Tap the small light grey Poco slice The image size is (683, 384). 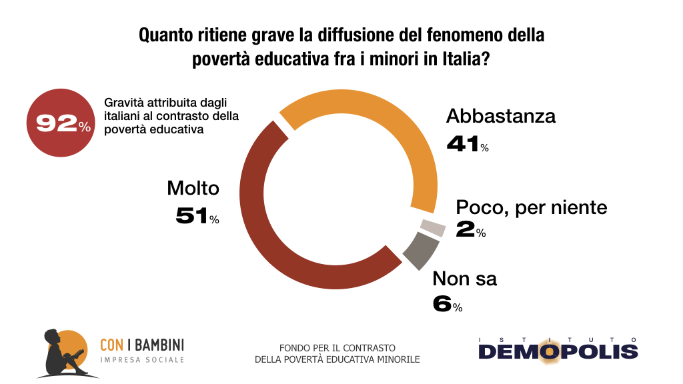pos(434,227)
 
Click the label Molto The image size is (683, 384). pos(193,189)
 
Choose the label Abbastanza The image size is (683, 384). pos(501,116)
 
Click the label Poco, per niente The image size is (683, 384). pos(532,207)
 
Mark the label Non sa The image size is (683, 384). pos(465,278)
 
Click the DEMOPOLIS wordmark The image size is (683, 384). pos(558,351)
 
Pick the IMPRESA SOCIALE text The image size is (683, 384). pos(141,360)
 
